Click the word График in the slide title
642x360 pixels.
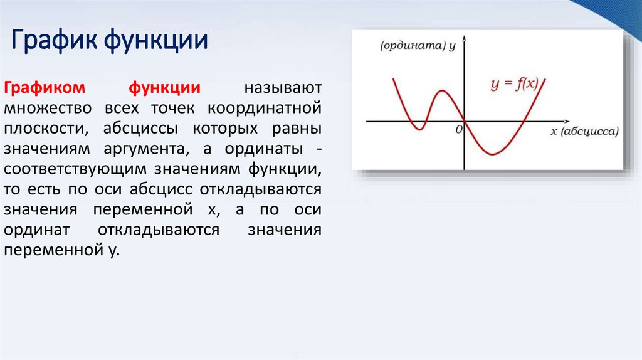tap(52, 41)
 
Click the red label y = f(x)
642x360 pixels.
tap(514, 83)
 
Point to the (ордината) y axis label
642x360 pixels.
tap(418, 46)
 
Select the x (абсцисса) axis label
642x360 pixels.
tap(584, 131)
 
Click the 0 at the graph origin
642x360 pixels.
tap(459, 129)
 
